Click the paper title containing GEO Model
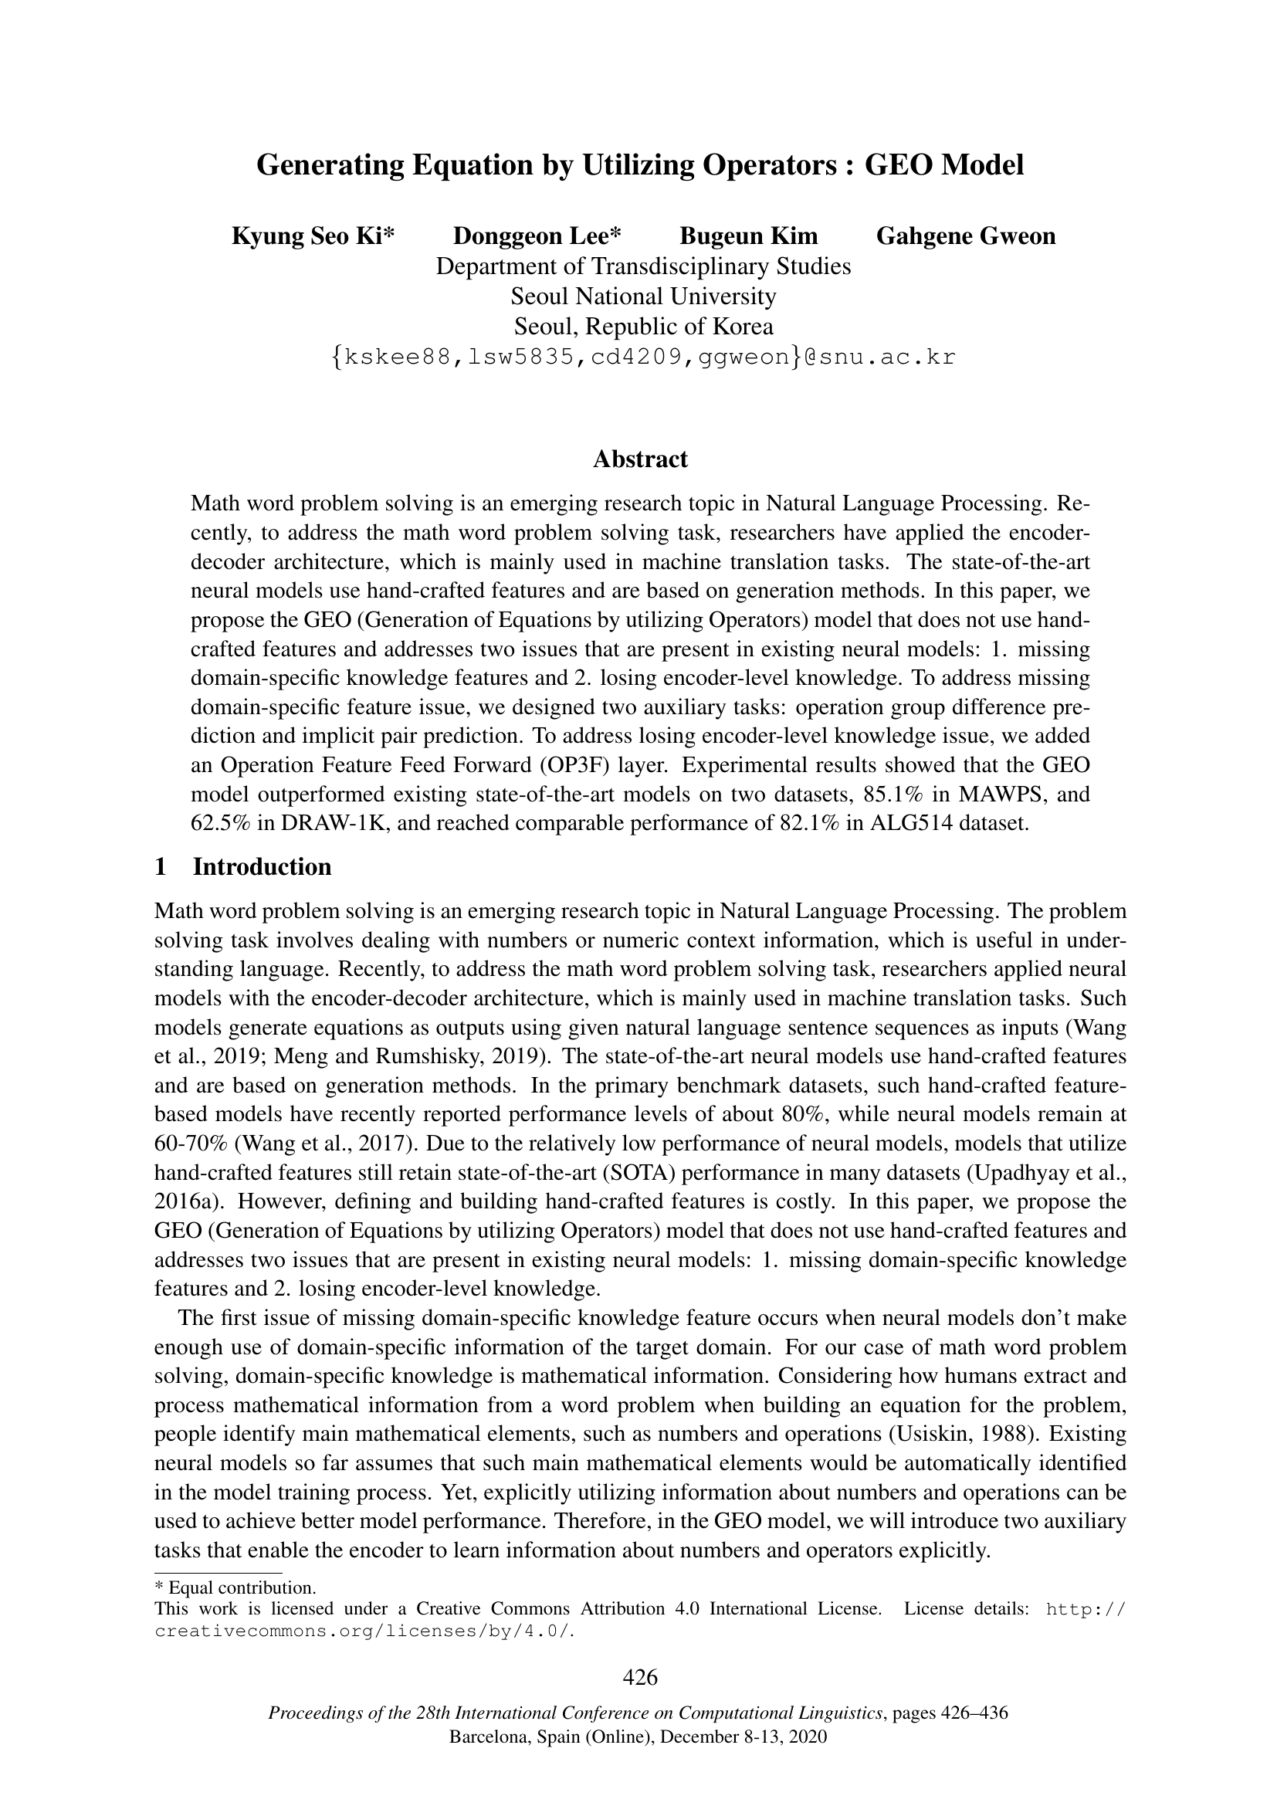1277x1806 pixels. (640, 165)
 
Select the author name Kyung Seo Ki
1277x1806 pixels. (313, 236)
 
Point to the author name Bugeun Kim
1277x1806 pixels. (749, 236)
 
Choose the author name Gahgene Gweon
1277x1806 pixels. (966, 236)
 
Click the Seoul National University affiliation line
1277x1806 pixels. (643, 296)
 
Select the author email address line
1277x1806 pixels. (643, 357)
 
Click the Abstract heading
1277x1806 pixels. (640, 459)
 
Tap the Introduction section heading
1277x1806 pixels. (262, 867)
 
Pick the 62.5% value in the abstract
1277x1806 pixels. (220, 825)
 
